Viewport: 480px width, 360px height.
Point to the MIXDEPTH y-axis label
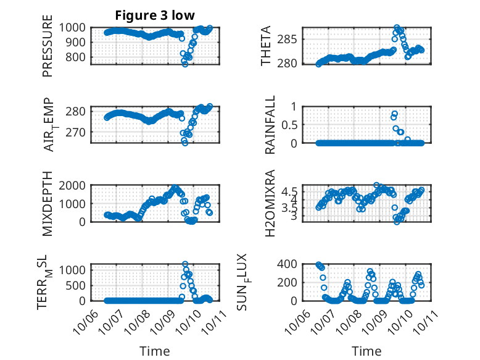48,203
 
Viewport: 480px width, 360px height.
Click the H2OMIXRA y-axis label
270,203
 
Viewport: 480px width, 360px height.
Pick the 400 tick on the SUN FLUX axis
290,264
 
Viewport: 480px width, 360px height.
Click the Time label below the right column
366,351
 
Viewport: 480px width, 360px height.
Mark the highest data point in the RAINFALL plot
395,114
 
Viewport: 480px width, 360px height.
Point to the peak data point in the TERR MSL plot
184,264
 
